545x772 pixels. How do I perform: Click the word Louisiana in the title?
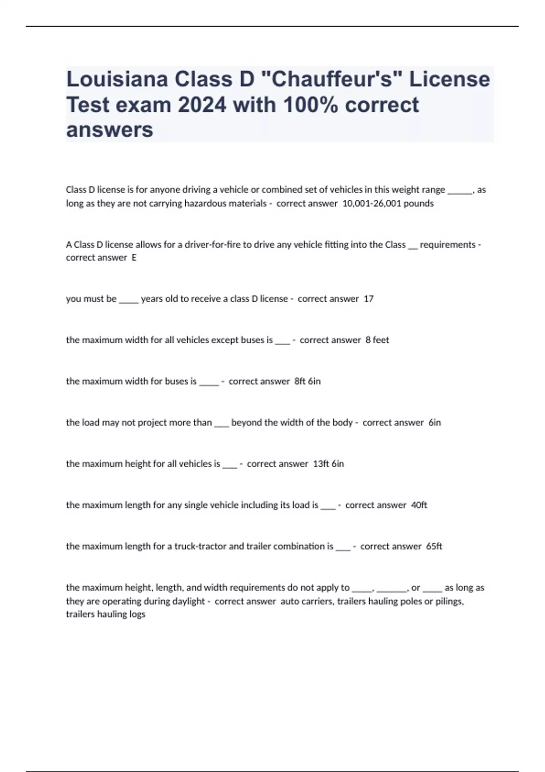coord(118,79)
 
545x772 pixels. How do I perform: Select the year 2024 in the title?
coord(202,105)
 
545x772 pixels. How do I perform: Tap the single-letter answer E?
coord(134,258)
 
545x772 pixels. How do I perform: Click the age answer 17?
coord(368,299)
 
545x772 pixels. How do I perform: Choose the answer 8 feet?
coord(377,340)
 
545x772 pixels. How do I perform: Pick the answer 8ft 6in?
coord(307,381)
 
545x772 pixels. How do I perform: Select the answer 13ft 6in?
coord(328,464)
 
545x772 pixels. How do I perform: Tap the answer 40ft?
coord(419,505)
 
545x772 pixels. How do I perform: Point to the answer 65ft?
coord(434,546)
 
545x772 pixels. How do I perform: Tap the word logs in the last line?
coord(136,614)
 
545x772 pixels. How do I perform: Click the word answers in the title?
coord(110,130)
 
